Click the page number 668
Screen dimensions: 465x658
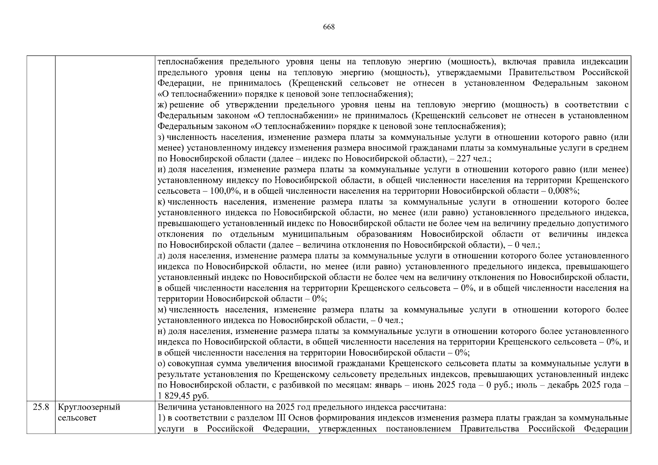coord(328,27)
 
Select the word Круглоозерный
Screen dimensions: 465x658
coord(89,407)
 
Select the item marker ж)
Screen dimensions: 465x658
coord(162,105)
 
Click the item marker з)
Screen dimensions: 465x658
coord(162,138)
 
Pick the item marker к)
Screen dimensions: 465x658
coord(162,202)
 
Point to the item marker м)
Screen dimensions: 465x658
coord(162,310)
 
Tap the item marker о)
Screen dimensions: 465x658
coord(162,363)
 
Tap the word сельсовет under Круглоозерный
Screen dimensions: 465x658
coord(77,418)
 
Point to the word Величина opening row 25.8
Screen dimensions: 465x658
coord(175,407)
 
